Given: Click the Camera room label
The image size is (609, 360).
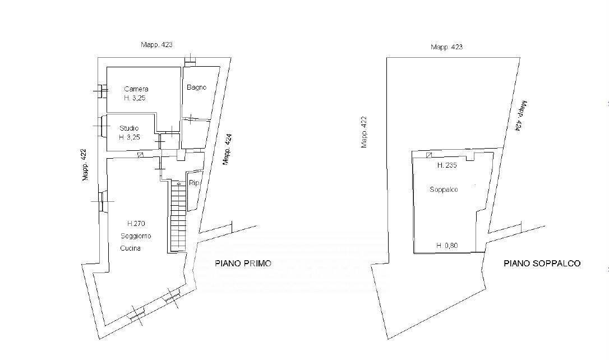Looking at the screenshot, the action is coord(136,89).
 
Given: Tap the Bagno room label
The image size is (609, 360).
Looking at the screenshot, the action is coord(196,87).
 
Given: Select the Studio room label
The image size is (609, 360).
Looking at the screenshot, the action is coord(129,128).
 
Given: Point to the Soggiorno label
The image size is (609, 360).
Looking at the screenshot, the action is coord(136,236).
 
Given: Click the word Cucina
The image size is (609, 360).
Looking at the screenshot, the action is coord(131,248).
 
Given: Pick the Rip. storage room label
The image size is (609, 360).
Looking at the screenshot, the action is coord(194,183).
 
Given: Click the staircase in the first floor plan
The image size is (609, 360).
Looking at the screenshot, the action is coord(178,217).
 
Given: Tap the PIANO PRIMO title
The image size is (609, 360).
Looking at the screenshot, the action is coord(243,264).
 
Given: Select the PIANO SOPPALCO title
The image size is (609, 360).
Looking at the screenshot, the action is coord(542,264).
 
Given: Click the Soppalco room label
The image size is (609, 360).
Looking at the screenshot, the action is coord(444,190).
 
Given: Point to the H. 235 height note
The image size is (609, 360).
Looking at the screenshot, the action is coord(447,165).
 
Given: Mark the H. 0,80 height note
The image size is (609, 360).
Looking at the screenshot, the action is coord(447,246).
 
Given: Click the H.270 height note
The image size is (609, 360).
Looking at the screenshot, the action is coord(136,223).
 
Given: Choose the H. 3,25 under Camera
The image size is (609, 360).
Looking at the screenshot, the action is coord(135,98).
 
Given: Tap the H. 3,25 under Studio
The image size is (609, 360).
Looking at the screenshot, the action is coord(130,137).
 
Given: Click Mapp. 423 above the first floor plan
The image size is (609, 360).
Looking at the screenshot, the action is coord(156,45).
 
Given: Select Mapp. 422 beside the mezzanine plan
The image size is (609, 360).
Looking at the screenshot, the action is coord(364,132).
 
